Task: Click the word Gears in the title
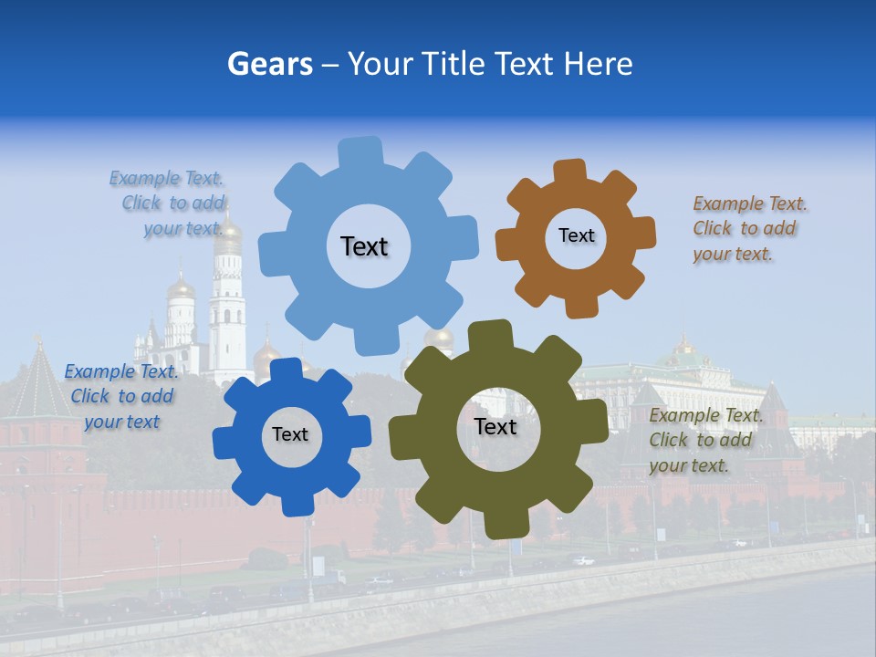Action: tap(268, 64)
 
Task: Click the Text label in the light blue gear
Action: tap(364, 246)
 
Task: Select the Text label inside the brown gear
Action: tap(576, 235)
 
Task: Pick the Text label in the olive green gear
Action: tap(495, 426)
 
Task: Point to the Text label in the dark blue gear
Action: tap(290, 434)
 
